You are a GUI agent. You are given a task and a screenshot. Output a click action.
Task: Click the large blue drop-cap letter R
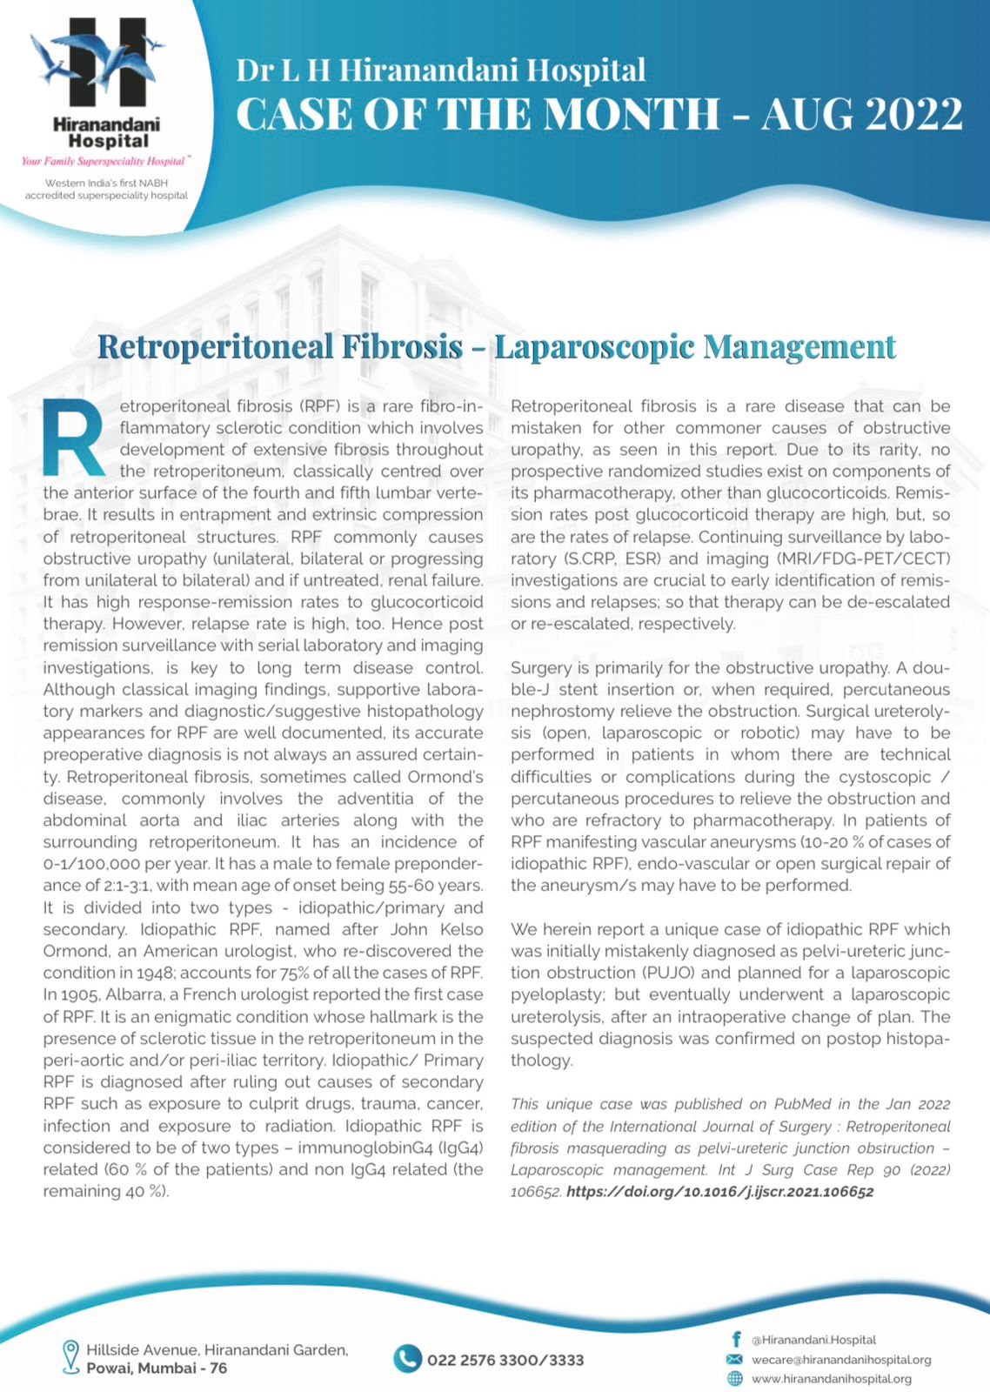(x=75, y=438)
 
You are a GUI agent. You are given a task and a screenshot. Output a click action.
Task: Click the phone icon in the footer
(x=407, y=1359)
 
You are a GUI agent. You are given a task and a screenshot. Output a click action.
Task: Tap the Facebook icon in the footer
(x=736, y=1340)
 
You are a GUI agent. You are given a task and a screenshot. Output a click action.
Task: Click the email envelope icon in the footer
(x=735, y=1359)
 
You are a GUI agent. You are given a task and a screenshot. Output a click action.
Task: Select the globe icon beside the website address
(x=735, y=1378)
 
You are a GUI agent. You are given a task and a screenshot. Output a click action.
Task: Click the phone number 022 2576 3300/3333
(x=505, y=1360)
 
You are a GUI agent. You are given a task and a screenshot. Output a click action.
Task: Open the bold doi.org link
(x=719, y=1192)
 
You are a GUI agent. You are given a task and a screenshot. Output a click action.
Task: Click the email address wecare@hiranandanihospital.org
(x=841, y=1359)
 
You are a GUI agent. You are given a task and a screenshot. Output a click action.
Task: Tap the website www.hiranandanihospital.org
(x=831, y=1378)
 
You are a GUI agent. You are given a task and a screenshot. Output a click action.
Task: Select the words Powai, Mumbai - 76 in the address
(x=157, y=1368)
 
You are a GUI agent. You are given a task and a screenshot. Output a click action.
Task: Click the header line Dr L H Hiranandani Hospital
(x=441, y=70)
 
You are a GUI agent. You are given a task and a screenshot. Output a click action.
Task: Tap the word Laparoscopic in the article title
(x=594, y=346)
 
